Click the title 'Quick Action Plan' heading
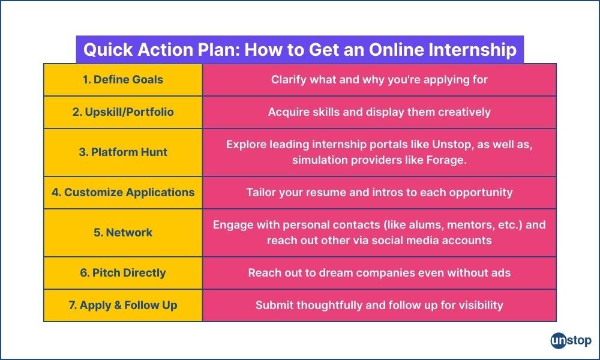[x=299, y=49]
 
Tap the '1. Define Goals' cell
[x=123, y=79]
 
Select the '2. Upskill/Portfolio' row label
[x=123, y=112]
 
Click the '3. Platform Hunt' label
[x=123, y=152]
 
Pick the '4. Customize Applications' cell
[x=123, y=193]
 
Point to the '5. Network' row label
[x=123, y=233]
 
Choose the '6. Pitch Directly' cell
[x=123, y=273]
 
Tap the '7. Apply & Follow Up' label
[x=123, y=305]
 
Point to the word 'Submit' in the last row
[x=274, y=305]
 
